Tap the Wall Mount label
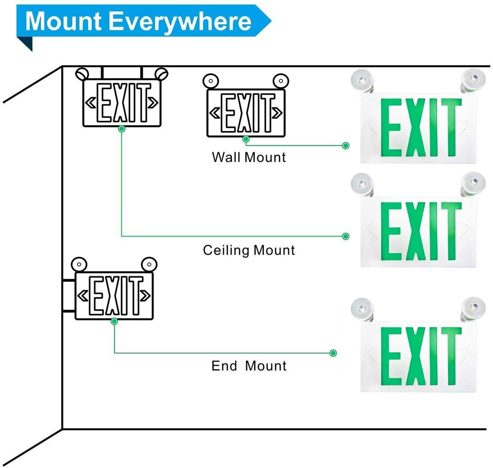[x=249, y=158]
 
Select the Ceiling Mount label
[x=249, y=250]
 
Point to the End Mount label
[x=249, y=366]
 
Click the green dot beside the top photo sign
[x=346, y=145]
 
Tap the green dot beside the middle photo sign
[x=346, y=236]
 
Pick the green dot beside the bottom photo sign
[x=333, y=353]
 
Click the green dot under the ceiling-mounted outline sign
[x=121, y=129]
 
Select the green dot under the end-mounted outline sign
[x=114, y=321]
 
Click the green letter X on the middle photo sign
[x=415, y=230]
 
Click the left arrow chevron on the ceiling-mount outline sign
[x=91, y=103]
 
